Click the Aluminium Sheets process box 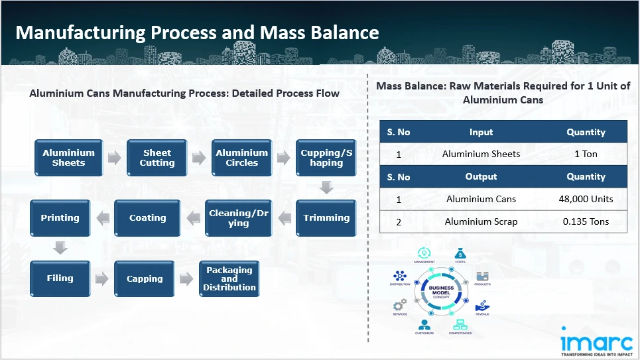coord(69,158)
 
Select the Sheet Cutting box coord(157,158)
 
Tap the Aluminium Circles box coord(241,158)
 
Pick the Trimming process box coord(326,218)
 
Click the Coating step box coord(147,218)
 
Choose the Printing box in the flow coord(60,218)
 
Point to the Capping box coord(145,279)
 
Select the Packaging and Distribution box coord(229,279)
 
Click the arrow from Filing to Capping coord(101,279)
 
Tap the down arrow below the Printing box coord(60,248)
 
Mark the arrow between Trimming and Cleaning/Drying coord(283,217)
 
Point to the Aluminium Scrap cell coord(481,222)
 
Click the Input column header coord(481,132)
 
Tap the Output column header coord(481,177)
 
